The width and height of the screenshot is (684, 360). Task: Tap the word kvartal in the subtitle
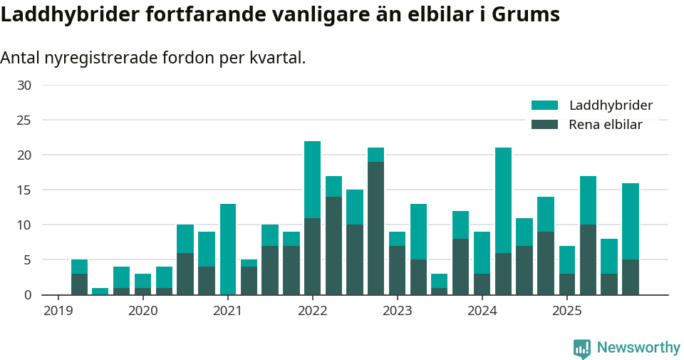(x=276, y=58)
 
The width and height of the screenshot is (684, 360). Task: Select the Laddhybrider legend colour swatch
(x=544, y=106)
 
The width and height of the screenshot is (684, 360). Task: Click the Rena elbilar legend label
(x=606, y=125)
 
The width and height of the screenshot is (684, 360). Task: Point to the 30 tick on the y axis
(x=24, y=86)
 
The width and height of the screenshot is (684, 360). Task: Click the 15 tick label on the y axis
(x=24, y=190)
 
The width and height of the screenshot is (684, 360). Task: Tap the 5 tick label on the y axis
(x=28, y=260)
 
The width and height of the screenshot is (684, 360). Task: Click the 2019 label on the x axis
(x=58, y=311)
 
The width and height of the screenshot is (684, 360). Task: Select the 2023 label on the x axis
(x=398, y=311)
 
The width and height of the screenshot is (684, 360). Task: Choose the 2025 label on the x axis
(x=567, y=311)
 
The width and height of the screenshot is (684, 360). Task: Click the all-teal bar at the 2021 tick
(x=228, y=250)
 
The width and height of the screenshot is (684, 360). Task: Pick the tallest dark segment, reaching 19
(x=376, y=228)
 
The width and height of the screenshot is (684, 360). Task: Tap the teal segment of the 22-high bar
(x=312, y=180)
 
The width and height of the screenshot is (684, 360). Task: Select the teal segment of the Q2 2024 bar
(x=503, y=200)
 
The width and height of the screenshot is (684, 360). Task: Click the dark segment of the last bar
(x=631, y=277)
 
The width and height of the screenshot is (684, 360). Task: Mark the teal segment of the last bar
(x=631, y=222)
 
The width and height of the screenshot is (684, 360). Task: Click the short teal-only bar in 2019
(x=100, y=291)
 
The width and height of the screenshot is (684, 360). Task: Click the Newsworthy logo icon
(x=582, y=349)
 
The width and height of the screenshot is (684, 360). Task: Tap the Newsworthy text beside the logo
(x=638, y=348)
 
